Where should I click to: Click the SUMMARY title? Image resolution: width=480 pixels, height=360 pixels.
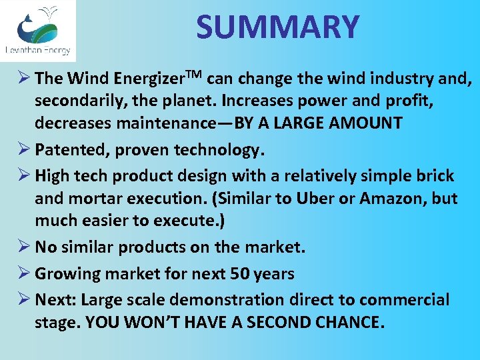(x=277, y=27)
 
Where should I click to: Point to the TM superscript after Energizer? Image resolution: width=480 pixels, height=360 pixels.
(x=194, y=73)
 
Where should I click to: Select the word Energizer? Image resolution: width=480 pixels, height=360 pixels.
(x=149, y=79)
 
